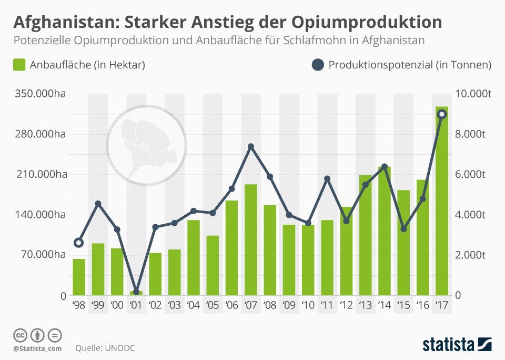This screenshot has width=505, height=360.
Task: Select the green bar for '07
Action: (251, 240)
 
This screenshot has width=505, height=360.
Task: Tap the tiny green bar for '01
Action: (136, 293)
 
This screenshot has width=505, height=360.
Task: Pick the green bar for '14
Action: (385, 231)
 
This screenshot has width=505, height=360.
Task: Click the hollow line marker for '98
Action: (79, 243)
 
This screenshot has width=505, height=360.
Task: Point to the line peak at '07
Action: (251, 146)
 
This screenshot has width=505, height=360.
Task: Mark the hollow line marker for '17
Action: (442, 114)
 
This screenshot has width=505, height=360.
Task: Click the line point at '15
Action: (403, 229)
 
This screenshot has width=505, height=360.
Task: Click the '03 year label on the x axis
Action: (174, 305)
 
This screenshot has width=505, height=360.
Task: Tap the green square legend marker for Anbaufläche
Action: (19, 65)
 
